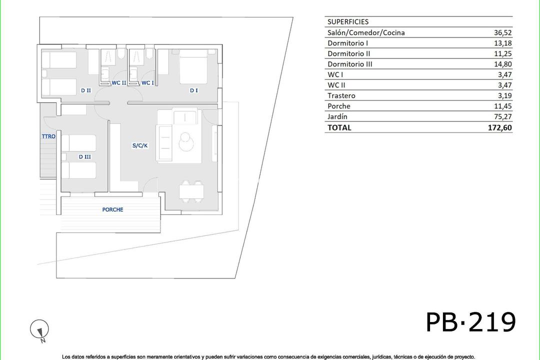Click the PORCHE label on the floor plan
click(x=112, y=209)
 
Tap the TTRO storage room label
click(x=48, y=136)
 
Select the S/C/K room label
click(x=140, y=145)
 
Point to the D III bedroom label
click(x=84, y=156)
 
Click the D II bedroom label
click(x=85, y=90)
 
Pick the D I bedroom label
click(x=194, y=90)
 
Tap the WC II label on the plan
click(x=118, y=83)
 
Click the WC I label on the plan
click(x=147, y=83)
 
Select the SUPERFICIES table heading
click(x=348, y=22)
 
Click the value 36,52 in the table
click(x=502, y=32)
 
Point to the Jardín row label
click(x=337, y=116)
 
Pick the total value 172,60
click(x=500, y=127)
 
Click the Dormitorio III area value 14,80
click(x=502, y=64)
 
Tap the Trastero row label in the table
click(x=341, y=95)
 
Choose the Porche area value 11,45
click(x=502, y=106)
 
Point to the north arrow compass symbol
click(x=39, y=330)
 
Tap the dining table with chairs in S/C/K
click(x=191, y=190)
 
